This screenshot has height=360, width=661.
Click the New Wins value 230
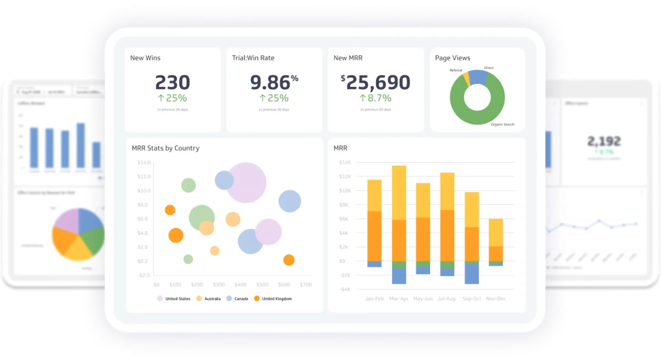pyautogui.click(x=172, y=83)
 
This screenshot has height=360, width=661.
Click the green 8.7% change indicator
pyautogui.click(x=375, y=98)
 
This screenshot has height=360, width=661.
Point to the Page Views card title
pyautogui.click(x=452, y=58)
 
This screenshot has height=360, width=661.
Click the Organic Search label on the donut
pyautogui.click(x=502, y=125)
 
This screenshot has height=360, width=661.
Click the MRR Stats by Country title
pyautogui.click(x=166, y=148)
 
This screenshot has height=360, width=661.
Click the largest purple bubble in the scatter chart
pyautogui.click(x=246, y=182)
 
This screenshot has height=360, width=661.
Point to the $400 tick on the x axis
pyautogui.click(x=240, y=285)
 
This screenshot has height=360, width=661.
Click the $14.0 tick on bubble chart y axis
pyautogui.click(x=144, y=162)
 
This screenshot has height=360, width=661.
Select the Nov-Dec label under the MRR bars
pyautogui.click(x=496, y=299)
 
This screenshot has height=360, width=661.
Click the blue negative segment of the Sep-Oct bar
pyautogui.click(x=472, y=274)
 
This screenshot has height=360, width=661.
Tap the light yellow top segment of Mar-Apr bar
pyautogui.click(x=399, y=193)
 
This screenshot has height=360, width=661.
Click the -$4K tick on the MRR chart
pyautogui.click(x=345, y=289)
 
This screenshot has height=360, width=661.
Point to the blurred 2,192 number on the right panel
pyautogui.click(x=604, y=141)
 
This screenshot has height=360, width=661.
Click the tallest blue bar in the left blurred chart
pyautogui.click(x=81, y=145)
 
